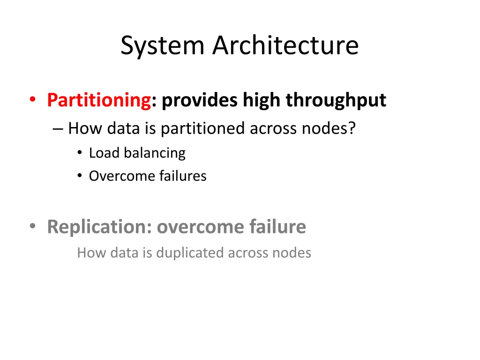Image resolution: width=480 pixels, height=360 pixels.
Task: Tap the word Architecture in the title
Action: [285, 45]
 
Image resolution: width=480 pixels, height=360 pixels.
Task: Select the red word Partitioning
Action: [98, 100]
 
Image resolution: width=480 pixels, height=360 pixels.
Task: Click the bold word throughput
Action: [336, 100]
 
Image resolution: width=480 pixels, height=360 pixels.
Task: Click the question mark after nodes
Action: [352, 128]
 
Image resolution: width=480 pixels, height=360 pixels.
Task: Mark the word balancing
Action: [155, 153]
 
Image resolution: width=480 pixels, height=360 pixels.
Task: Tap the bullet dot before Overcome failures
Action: [80, 176]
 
